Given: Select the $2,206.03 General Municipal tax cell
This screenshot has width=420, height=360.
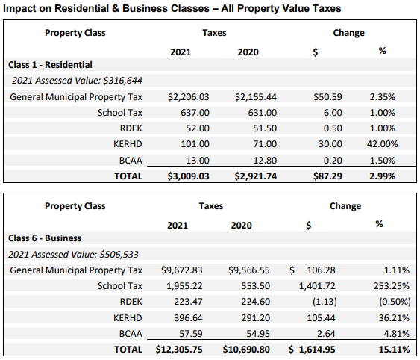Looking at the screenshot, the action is (189, 97).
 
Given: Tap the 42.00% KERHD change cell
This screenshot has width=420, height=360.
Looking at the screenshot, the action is (383, 144).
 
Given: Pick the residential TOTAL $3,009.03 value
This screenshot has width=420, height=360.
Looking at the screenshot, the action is (188, 176).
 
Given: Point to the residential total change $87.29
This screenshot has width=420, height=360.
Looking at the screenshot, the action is (327, 176).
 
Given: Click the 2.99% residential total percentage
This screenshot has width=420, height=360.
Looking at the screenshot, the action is (383, 176).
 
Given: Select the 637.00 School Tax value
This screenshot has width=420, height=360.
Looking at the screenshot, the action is (195, 113).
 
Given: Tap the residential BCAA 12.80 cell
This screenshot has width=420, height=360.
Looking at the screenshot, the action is (265, 161).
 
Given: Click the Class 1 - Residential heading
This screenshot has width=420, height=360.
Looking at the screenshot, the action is (50, 65).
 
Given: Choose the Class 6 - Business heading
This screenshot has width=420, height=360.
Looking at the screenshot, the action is (45, 238).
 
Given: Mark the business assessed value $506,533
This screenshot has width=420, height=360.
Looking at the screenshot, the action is (119, 254).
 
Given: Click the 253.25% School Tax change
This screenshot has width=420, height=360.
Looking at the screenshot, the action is (392, 286).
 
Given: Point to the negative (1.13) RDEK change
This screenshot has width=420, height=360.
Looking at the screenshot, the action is (325, 302).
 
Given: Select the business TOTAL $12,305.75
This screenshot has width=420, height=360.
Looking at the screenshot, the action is (179, 350).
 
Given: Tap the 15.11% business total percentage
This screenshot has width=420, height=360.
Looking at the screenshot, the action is (395, 350).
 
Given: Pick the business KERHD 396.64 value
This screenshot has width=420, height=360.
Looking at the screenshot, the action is (188, 318).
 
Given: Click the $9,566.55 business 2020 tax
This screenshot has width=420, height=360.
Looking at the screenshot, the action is (249, 270).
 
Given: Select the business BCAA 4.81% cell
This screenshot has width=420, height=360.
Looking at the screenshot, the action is (397, 334).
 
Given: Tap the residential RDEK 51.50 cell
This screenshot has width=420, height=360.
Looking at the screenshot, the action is (265, 128).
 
